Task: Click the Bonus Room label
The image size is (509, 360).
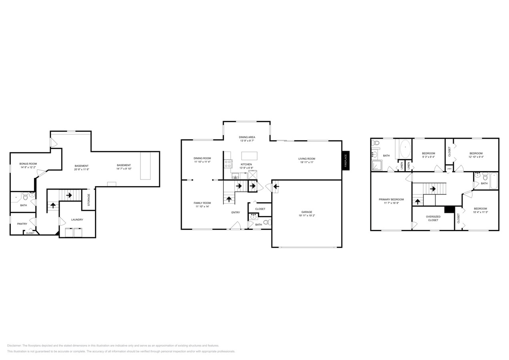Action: click(28, 164)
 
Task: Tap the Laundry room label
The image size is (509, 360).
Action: click(77, 220)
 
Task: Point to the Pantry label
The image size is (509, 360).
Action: click(22, 224)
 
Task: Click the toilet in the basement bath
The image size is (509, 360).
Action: click(25, 197)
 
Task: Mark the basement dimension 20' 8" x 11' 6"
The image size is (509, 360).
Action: click(82, 170)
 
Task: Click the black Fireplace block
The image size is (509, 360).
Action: click(346, 160)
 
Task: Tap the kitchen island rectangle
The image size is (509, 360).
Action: click(249, 156)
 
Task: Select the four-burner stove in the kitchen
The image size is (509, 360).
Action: click(228, 164)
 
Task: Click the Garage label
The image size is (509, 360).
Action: click(307, 212)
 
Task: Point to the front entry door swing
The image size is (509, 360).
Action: click(236, 226)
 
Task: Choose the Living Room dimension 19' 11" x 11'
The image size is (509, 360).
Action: click(307, 162)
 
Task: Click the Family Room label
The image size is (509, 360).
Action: click(202, 203)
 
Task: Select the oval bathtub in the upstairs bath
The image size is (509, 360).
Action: click(405, 149)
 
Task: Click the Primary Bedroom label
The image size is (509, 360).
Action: click(391, 199)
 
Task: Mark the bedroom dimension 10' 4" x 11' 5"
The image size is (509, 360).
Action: click(480, 212)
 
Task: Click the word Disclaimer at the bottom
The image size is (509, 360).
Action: click(14, 346)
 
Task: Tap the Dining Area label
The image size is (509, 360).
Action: click(247, 137)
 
